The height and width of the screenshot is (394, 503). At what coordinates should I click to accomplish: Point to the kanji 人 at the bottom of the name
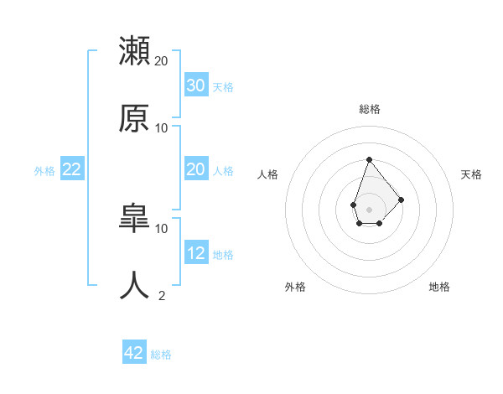135,285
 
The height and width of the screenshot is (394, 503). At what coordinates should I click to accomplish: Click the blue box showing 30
196,86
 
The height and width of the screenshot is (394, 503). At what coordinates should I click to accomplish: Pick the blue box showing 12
196,253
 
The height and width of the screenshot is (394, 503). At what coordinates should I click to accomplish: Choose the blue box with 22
72,169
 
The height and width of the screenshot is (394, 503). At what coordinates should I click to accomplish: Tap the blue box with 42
134,353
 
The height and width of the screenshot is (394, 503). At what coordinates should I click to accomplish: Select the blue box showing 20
196,169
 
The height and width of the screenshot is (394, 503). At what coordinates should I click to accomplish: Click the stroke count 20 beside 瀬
162,60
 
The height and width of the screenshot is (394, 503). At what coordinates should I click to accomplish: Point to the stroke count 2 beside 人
162,295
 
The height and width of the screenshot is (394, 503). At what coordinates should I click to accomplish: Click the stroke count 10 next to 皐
162,228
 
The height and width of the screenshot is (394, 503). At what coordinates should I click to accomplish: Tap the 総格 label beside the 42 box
161,355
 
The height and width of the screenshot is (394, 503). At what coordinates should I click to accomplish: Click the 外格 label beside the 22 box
44,171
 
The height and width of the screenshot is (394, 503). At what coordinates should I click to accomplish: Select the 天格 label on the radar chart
472,174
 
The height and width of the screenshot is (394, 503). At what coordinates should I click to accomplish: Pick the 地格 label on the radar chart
439,287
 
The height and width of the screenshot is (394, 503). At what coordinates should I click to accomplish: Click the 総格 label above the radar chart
369,109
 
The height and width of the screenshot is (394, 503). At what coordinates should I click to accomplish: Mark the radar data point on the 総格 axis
369,159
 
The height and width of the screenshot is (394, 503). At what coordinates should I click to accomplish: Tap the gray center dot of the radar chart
369,209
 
